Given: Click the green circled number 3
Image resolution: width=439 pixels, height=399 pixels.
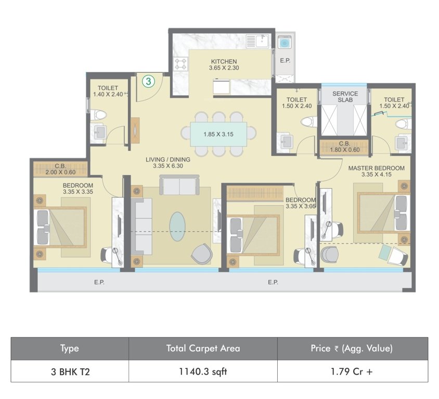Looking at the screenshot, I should [x=149, y=81].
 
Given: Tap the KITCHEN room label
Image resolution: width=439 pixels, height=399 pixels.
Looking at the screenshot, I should [x=224, y=64].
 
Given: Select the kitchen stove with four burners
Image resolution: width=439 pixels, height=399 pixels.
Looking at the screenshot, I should [x=181, y=64].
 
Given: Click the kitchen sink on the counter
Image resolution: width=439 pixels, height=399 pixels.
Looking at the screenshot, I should [x=257, y=41].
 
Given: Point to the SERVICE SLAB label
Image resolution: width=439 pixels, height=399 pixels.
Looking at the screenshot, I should [x=345, y=97].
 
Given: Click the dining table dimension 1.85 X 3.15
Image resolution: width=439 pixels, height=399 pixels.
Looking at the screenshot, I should [x=218, y=134].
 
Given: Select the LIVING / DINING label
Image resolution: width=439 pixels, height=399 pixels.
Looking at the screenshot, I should [x=168, y=163].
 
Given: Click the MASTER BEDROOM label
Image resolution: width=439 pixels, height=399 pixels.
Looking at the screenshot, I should [x=376, y=171].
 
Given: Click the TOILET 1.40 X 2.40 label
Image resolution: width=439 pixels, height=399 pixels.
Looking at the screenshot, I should [x=108, y=91].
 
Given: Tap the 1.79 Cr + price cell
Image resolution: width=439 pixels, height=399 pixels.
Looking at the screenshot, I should [x=353, y=371].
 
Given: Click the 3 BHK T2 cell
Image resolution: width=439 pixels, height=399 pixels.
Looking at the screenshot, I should [x=70, y=371].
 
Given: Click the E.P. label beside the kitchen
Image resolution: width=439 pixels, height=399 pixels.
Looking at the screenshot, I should [x=285, y=60].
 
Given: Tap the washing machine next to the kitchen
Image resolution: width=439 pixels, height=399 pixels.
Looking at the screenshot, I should [x=285, y=42].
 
